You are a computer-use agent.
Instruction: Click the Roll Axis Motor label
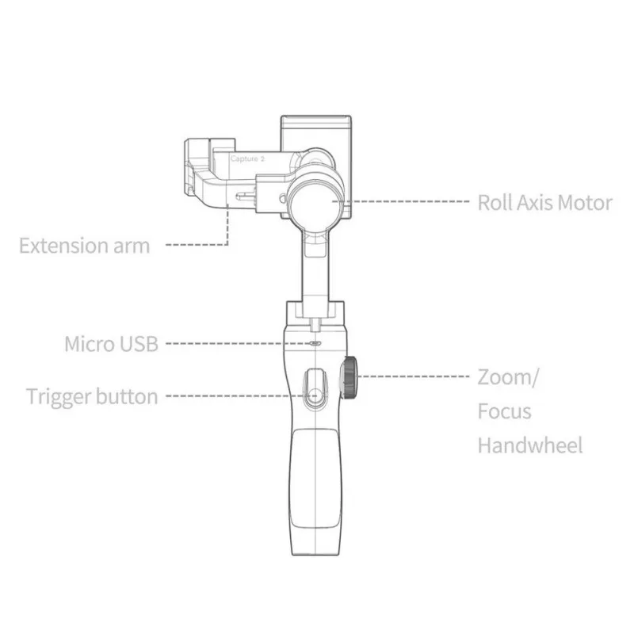pyautogui.click(x=545, y=203)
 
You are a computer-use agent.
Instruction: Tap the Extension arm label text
pyautogui.click(x=85, y=246)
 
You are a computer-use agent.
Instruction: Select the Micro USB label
pyautogui.click(x=111, y=344)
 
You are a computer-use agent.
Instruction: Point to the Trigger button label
pyautogui.click(x=92, y=396)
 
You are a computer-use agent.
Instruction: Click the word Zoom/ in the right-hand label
pyautogui.click(x=508, y=378)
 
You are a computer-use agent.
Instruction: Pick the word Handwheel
pyautogui.click(x=530, y=445)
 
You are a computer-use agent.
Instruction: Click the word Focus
pyautogui.click(x=504, y=411)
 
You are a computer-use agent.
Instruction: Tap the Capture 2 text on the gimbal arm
pyautogui.click(x=247, y=159)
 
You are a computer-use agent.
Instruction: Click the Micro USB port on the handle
pyautogui.click(x=315, y=344)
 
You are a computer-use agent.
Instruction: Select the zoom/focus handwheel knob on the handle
pyautogui.click(x=349, y=378)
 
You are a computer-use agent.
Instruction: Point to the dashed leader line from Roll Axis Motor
pyautogui.click(x=401, y=201)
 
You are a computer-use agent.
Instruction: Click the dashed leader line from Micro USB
pyautogui.click(x=239, y=344)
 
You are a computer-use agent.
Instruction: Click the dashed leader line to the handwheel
pyautogui.click(x=413, y=376)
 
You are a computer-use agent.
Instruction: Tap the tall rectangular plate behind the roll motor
pyautogui.click(x=316, y=133)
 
